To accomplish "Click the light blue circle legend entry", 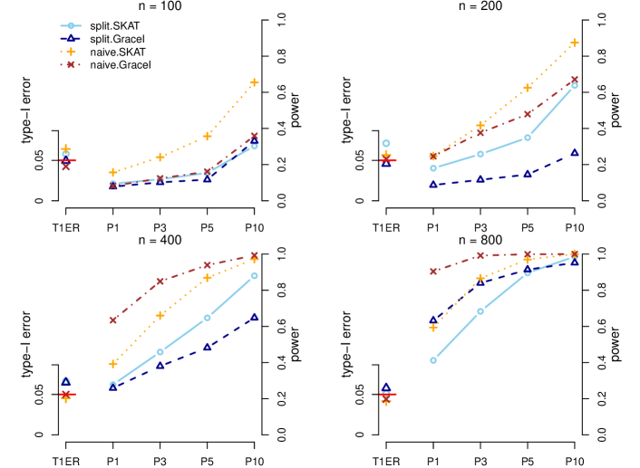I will [71, 25].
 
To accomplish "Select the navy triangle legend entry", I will [71, 39].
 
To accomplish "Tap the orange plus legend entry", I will [71, 52].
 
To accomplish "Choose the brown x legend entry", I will [71, 64].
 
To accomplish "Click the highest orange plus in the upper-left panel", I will [254, 82].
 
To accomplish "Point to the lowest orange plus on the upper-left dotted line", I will [113, 172].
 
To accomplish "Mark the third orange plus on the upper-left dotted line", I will [208, 136].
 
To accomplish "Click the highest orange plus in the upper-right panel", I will [574, 43].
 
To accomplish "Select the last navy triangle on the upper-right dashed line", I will [574, 152].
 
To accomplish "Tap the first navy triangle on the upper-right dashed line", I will [433, 184].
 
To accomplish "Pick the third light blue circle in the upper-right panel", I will [528, 138].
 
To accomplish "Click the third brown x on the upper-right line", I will [528, 114].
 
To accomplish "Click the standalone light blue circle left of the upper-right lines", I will [386, 143].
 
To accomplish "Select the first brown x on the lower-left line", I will [113, 320].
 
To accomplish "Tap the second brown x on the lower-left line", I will [160, 281].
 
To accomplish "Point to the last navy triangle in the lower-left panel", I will [254, 317].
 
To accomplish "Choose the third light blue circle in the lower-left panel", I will [208, 318].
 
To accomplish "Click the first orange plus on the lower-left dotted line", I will [113, 364].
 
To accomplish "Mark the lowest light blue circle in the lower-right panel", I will [433, 360].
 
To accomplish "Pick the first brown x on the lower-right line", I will [433, 271].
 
